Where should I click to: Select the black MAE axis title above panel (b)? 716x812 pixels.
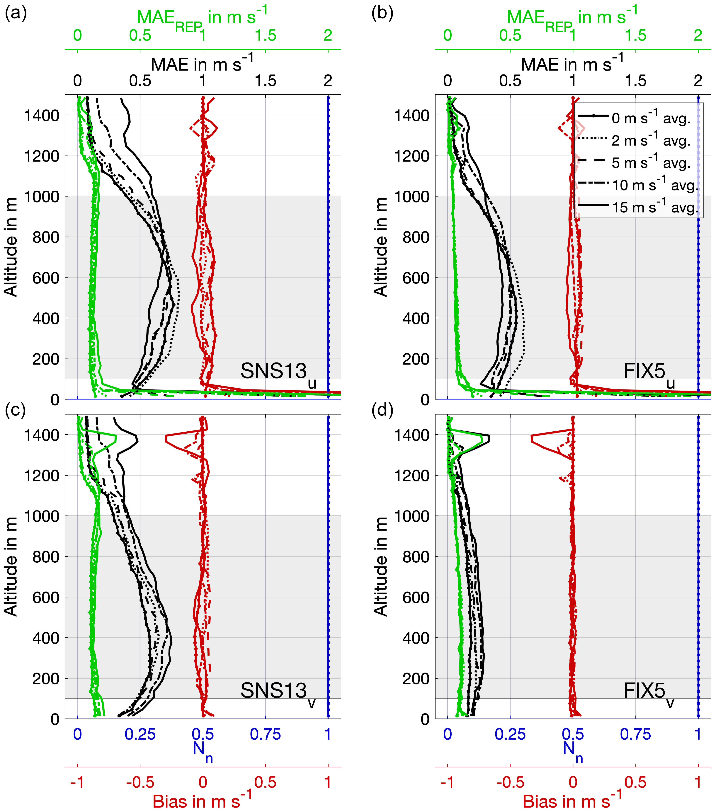click(x=572, y=64)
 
